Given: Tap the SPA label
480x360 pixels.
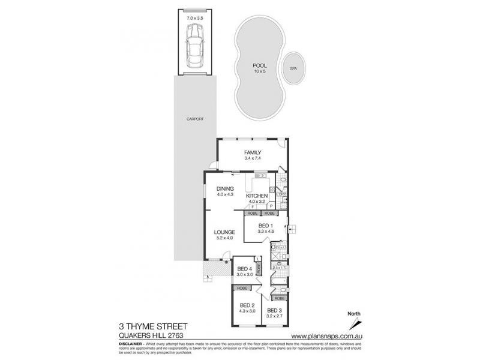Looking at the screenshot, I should point(293,69).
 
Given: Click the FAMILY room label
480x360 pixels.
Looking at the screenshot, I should point(252,152).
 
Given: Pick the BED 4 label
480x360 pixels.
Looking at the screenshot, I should point(245,268).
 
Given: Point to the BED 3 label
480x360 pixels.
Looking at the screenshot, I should point(275,310).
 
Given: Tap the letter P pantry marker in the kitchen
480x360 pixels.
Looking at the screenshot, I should point(271,206).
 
